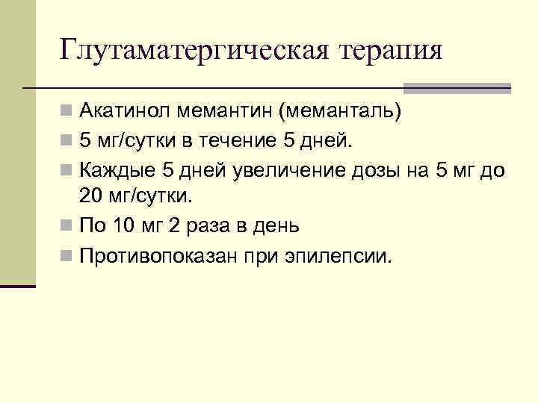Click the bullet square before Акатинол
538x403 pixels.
tap(67, 112)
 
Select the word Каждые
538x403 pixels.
tap(114, 169)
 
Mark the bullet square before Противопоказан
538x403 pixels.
tap(67, 257)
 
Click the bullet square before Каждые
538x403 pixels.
tap(67, 169)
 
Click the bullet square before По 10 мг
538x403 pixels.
tap(67, 225)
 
